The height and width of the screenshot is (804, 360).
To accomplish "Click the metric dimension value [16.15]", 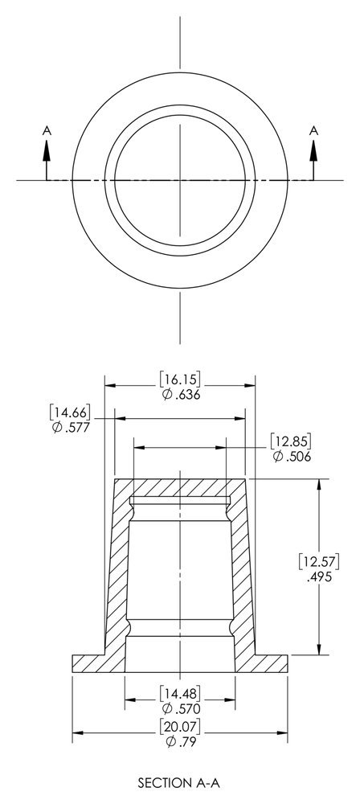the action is (179, 380).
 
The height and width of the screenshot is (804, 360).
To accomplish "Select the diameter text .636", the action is (186, 395).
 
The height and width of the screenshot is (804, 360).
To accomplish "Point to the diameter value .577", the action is (77, 427).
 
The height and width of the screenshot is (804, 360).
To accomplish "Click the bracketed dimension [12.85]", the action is (291, 441).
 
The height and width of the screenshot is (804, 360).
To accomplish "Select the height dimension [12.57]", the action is (319, 562).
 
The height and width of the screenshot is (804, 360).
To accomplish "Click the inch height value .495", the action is (319, 576).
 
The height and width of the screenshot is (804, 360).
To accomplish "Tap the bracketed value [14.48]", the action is (179, 694).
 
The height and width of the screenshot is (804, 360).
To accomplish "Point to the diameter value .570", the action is (186, 708).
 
